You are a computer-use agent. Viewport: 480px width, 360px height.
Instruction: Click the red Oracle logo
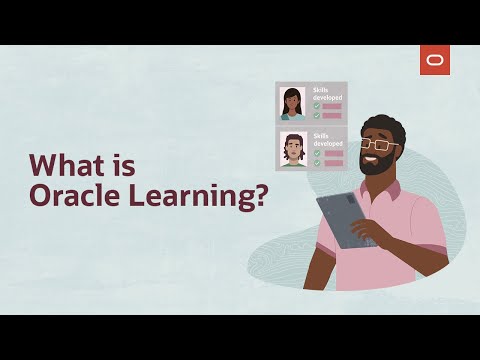click(x=435, y=61)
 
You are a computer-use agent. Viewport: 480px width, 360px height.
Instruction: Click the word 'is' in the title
click(x=126, y=163)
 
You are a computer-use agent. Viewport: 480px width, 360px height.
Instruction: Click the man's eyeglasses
click(x=378, y=145)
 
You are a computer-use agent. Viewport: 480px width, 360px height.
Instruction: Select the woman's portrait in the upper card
click(x=293, y=102)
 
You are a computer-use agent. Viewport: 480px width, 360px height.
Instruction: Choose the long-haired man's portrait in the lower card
click(x=293, y=149)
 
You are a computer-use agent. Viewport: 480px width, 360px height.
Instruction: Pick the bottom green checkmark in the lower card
click(x=316, y=161)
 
